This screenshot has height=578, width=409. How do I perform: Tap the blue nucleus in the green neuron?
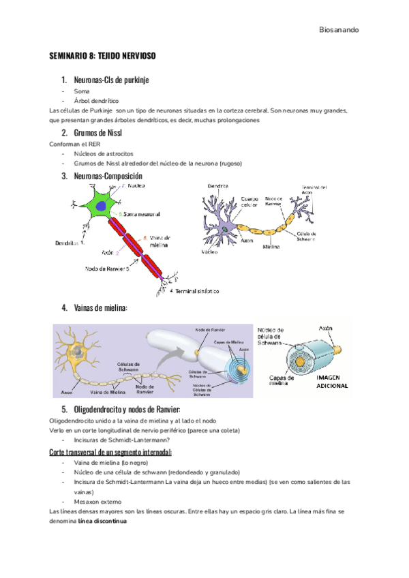point(101,205)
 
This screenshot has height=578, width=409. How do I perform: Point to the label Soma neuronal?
point(141,214)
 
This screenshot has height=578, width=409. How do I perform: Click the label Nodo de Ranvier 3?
point(107,269)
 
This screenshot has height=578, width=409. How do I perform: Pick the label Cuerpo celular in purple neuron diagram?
point(249,202)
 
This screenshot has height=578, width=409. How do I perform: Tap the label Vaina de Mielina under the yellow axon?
point(108,393)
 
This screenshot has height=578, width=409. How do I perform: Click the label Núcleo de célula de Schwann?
point(272,338)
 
